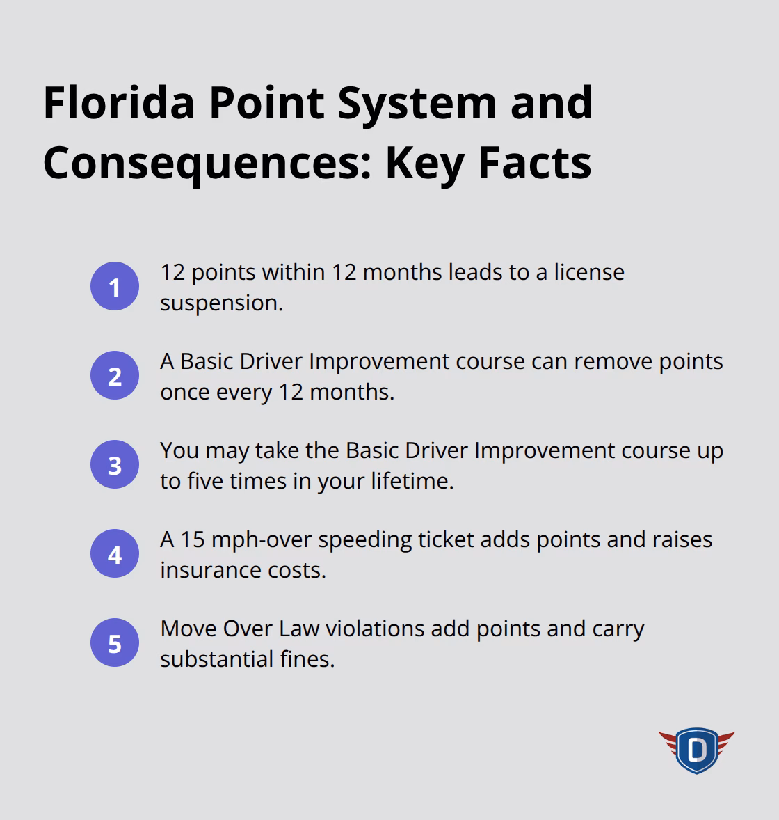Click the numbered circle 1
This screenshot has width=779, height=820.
(115, 287)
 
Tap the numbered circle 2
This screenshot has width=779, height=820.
(115, 376)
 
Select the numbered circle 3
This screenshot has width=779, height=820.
(115, 465)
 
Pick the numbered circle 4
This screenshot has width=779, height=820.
(115, 554)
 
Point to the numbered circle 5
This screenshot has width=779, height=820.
(115, 643)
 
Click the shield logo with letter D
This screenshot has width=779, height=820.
(696, 750)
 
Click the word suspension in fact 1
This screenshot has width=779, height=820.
(220, 303)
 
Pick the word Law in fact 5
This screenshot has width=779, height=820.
(299, 629)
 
